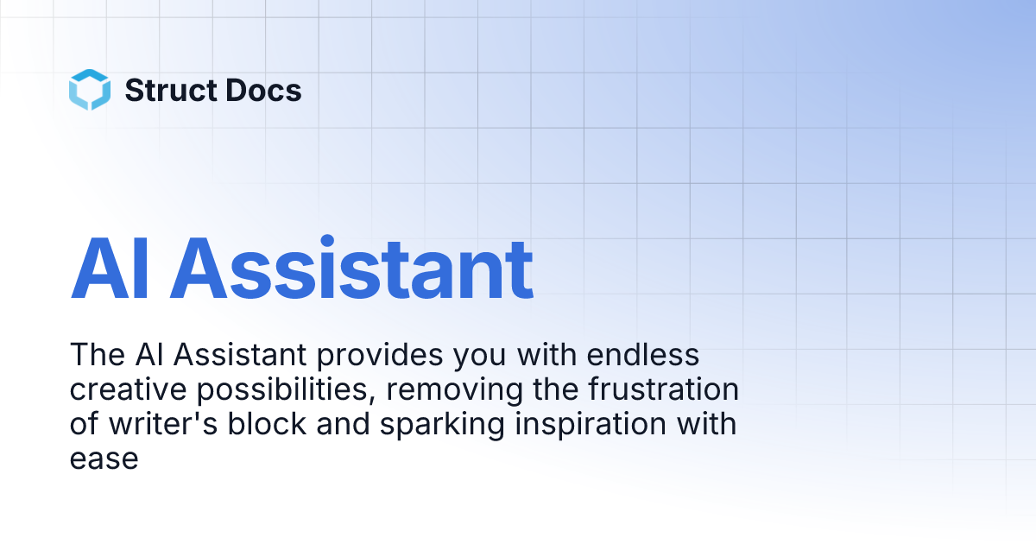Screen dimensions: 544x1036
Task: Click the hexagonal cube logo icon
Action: pyautogui.click(x=90, y=90)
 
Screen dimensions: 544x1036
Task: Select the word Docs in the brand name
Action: pyautogui.click(x=268, y=90)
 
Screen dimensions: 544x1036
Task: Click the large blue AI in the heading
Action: pyautogui.click(x=111, y=268)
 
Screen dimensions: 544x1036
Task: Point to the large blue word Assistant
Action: pyautogui.click(x=351, y=268)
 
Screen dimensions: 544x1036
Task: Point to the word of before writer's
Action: pyautogui.click(x=82, y=424)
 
